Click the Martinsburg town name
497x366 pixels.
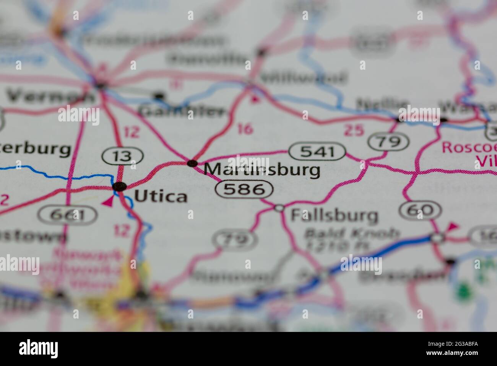(262, 169)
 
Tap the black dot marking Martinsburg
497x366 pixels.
(192, 163)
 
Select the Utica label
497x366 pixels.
(161, 196)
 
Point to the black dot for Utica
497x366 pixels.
(120, 186)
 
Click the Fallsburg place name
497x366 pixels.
(334, 215)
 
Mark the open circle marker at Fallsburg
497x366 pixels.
(279, 208)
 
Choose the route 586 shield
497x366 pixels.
(244, 189)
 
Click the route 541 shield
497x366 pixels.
(317, 152)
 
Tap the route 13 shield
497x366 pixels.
(122, 156)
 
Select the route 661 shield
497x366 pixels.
(69, 216)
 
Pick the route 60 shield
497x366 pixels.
(420, 210)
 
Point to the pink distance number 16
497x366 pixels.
(245, 129)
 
